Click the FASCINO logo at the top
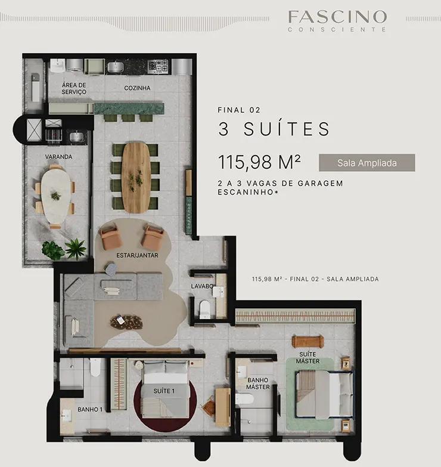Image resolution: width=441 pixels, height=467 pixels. click(337, 20)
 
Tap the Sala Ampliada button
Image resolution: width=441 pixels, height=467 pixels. click(367, 163)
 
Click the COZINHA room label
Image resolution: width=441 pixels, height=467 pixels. click(137, 88)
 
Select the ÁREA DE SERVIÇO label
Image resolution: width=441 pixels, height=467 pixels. click(74, 88)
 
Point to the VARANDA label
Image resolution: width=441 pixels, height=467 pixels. click(58, 157)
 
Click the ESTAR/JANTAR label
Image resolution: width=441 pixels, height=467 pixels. click(137, 255)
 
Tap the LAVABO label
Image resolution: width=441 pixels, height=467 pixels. click(202, 286)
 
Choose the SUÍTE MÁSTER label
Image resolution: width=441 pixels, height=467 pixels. click(308, 357)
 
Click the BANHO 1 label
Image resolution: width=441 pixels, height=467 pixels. click(90, 410)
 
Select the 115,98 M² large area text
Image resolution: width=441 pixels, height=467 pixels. click(259, 162)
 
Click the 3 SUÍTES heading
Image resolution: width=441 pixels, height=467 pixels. click(274, 129)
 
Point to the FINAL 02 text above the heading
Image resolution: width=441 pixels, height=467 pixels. click(239, 110)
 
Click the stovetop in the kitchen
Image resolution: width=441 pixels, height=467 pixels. click(159, 66)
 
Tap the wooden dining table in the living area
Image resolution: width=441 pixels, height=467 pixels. click(136, 178)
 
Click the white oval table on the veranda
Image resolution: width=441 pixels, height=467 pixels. click(56, 196)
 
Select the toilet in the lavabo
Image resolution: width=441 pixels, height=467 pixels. click(204, 309)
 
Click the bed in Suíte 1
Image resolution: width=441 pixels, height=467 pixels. click(165, 389)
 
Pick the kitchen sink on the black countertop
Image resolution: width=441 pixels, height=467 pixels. click(115, 67)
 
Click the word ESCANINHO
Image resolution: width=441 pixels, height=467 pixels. click(246, 192)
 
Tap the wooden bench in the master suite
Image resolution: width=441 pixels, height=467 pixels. click(308, 342)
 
